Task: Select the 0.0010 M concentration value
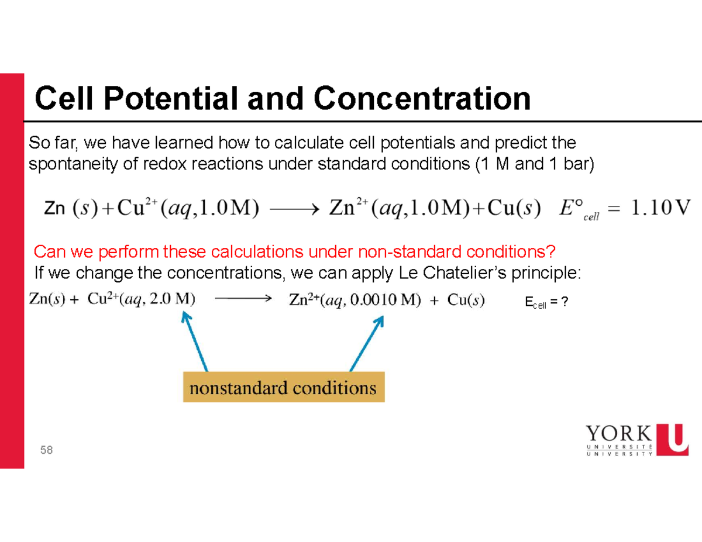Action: pos(380,300)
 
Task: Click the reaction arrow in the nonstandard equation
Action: pos(242,299)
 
